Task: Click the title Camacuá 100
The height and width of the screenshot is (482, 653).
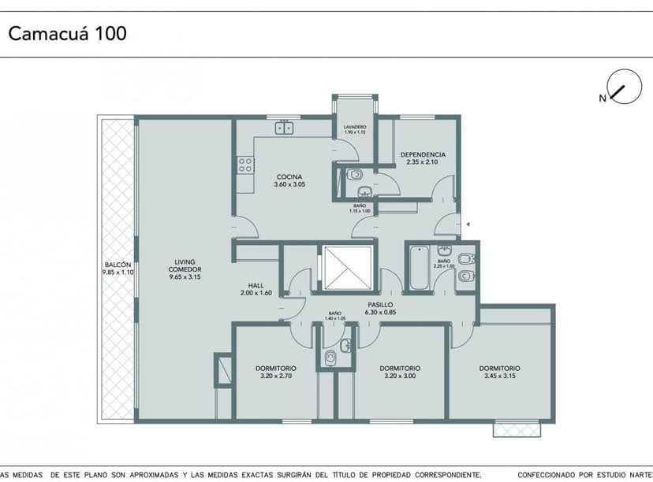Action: pyautogui.click(x=67, y=34)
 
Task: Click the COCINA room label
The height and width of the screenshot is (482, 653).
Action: pyautogui.click(x=289, y=176)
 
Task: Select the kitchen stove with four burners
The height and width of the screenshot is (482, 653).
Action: pyautogui.click(x=245, y=165)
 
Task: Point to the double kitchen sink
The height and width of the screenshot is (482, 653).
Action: pyautogui.click(x=284, y=127)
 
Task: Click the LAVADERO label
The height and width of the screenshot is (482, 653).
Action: pyautogui.click(x=355, y=127)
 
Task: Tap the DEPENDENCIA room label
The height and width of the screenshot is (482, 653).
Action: pyautogui.click(x=423, y=154)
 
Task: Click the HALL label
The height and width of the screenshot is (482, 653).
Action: pyautogui.click(x=255, y=286)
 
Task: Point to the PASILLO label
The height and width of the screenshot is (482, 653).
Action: pyautogui.click(x=380, y=304)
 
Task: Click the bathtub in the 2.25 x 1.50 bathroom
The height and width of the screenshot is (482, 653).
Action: pyautogui.click(x=416, y=269)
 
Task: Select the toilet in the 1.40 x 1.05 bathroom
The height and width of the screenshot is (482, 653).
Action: pyautogui.click(x=330, y=359)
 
